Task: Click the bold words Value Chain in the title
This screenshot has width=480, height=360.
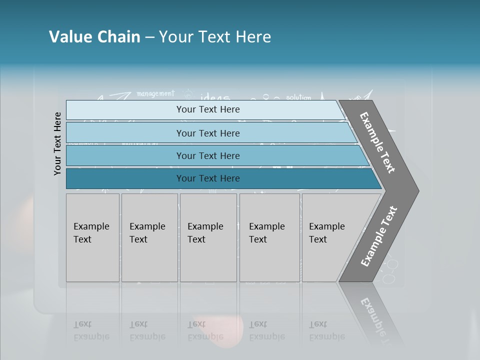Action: coord(94,37)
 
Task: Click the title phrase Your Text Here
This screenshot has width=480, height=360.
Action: coord(215,37)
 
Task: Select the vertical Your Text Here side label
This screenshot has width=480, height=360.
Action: coord(57,143)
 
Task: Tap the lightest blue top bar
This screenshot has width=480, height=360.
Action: coord(207,109)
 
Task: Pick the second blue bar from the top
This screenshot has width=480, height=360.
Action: coord(207,133)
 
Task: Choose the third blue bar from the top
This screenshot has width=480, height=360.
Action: coord(207,155)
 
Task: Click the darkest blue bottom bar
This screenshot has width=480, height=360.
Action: coord(207,178)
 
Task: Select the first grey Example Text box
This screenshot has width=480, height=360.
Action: coord(92,237)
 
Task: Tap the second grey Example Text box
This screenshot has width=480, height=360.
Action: coord(149,237)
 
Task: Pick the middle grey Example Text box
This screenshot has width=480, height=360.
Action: coord(208,237)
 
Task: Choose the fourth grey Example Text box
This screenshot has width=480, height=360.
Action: coord(269,237)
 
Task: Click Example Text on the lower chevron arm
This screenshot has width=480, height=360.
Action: coord(379,236)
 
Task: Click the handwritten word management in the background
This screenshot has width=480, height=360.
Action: coord(155,93)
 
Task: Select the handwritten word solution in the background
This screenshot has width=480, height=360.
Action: coord(298,97)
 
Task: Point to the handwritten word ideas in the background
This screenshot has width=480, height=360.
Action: coord(215,96)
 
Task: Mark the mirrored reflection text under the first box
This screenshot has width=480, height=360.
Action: coord(91,330)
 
